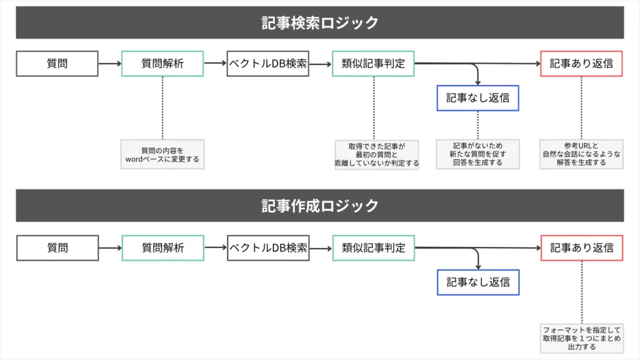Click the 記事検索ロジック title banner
pos(320,22)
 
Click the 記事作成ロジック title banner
pos(320,206)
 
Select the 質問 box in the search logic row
pos(57,63)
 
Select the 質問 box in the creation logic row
pos(57,247)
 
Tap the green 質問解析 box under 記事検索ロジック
pos(162,63)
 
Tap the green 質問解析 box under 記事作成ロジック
pos(162,247)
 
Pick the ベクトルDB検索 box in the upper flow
pos(268,63)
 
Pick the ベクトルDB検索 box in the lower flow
pos(268,247)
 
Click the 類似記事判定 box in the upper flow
pos(373,63)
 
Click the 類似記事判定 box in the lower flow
pos(373,247)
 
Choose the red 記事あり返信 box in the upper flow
pos(581,63)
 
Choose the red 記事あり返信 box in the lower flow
pos(581,247)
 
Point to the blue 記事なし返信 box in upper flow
pos(477,97)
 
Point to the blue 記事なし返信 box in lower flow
pos(477,282)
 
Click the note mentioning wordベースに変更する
pos(162,154)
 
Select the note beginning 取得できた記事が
pos(376,154)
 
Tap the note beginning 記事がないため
pos(477,154)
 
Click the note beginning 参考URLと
pos(581,154)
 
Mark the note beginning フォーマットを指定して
pos(581,338)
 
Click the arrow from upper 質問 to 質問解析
pos(109,63)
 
